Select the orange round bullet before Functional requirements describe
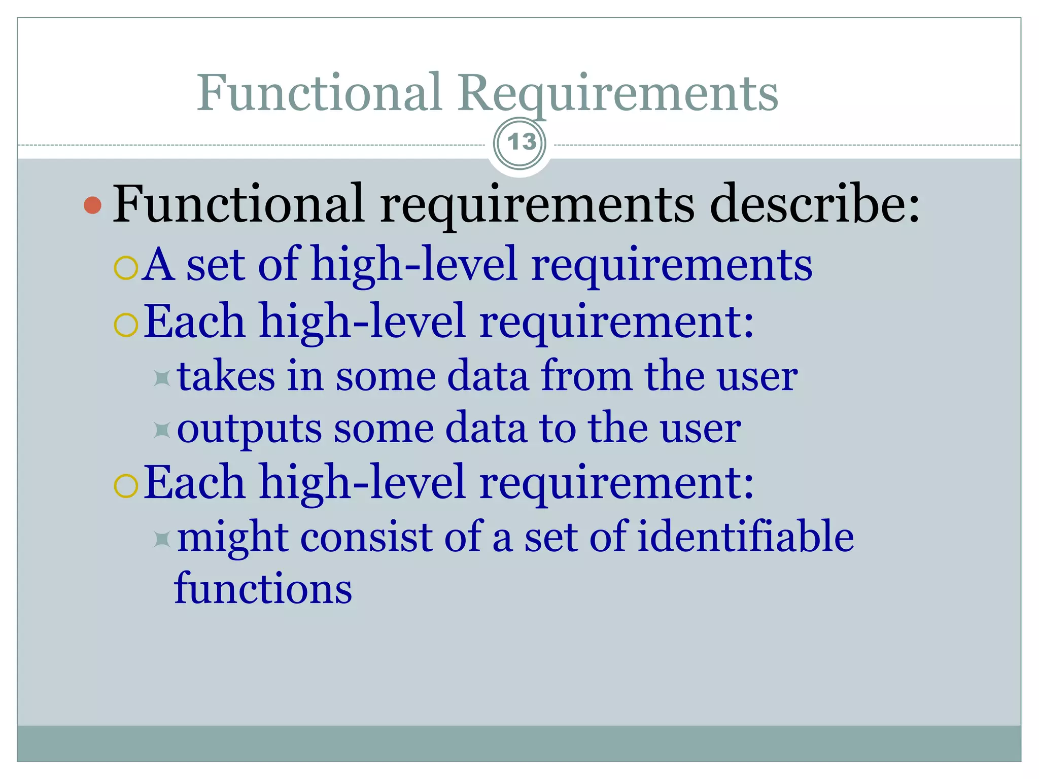93,205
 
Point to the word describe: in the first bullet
814,204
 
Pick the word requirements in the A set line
671,265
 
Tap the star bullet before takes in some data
162,378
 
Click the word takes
226,376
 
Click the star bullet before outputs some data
162,430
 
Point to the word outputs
249,429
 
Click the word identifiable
745,537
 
